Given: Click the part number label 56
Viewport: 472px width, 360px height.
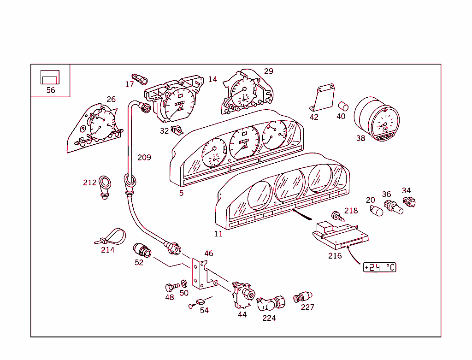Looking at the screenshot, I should point(51,90).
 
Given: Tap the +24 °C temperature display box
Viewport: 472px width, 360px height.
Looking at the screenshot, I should point(379,267).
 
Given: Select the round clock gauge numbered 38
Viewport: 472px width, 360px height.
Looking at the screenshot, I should point(377,118).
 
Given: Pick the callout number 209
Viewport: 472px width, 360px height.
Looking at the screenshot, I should point(144,158).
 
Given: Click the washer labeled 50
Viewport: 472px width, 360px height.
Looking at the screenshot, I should point(184,283).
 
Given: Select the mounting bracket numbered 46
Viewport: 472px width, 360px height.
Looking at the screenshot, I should point(201,275).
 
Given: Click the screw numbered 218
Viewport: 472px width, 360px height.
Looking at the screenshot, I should point(337,216).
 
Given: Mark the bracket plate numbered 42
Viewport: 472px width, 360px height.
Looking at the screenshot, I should point(323,99).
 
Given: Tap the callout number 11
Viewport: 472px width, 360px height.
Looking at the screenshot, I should point(218,234).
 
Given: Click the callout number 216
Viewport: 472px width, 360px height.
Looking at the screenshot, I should point(335,256).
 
